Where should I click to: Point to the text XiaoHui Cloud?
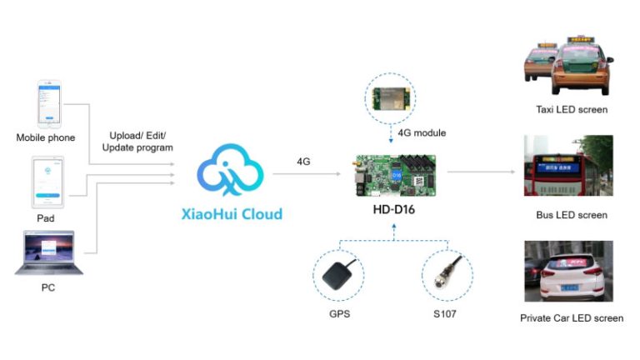[x=231, y=213]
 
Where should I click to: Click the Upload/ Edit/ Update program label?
[x=137, y=141]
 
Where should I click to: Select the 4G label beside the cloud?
[x=303, y=161]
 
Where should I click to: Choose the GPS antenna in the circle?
[x=340, y=275]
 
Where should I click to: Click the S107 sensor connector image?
[x=447, y=275]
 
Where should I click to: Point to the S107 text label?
[x=447, y=315]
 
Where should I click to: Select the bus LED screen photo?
[x=567, y=169]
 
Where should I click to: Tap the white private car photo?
[x=567, y=272]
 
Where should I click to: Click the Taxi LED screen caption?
[x=571, y=109]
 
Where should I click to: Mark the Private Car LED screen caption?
[x=571, y=317]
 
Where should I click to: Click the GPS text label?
[x=339, y=315]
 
